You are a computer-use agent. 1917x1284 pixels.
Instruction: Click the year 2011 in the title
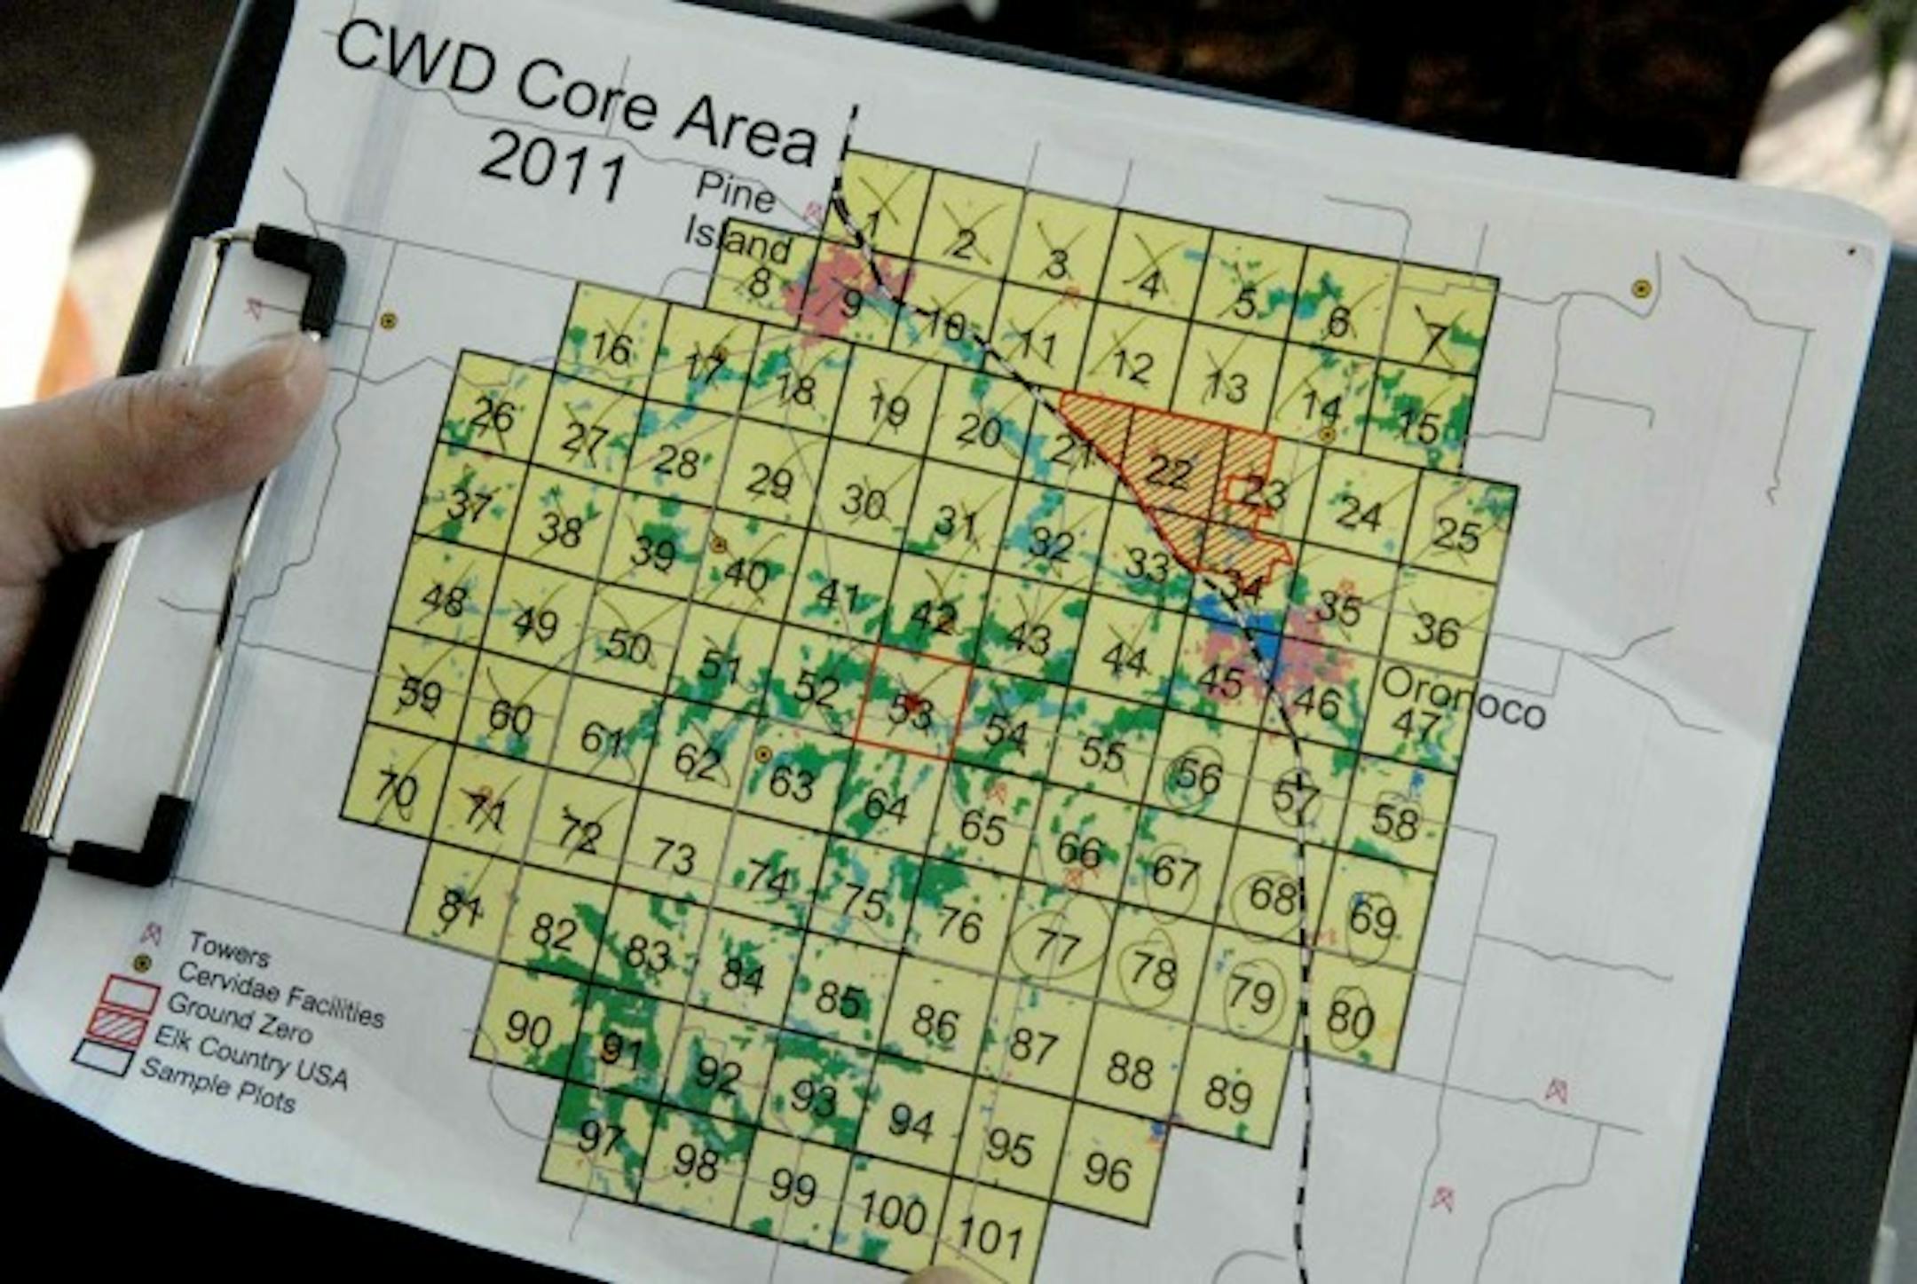tap(552, 170)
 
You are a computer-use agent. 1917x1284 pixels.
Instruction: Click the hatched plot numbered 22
tap(1168, 470)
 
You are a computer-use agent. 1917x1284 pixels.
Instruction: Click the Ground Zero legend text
tap(240, 1019)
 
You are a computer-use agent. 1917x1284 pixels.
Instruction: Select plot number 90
tap(527, 1029)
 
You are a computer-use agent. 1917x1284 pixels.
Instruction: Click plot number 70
tap(396, 788)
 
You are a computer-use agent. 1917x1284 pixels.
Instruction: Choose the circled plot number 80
tap(1350, 1019)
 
